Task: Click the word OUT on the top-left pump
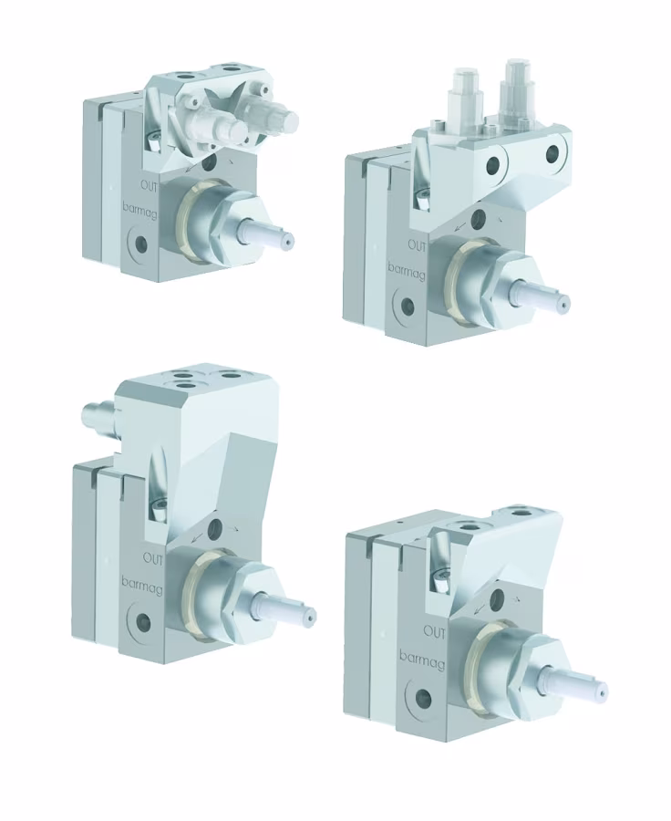(x=150, y=186)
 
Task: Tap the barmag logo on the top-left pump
(x=139, y=210)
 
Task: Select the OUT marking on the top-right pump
(x=418, y=246)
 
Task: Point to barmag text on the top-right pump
(x=407, y=271)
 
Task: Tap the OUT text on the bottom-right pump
(x=435, y=632)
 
